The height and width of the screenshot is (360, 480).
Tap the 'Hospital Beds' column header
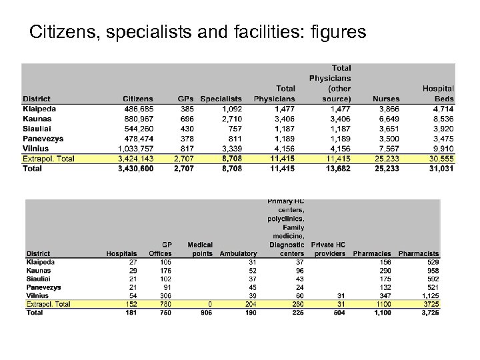[438, 93]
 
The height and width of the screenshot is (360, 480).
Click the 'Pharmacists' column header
[419, 253]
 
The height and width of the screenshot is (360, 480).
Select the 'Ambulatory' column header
[238, 253]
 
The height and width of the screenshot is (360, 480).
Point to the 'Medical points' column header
[201, 249]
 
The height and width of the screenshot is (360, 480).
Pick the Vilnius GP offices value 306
[165, 295]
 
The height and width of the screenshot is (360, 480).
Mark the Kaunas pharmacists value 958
[430, 271]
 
